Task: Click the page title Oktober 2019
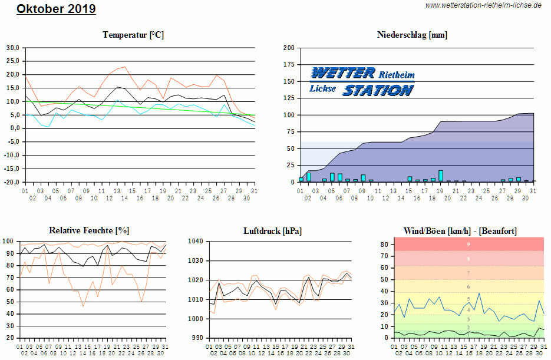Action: [x=56, y=9]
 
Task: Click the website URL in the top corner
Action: [x=483, y=5]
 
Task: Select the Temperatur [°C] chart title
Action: [x=133, y=35]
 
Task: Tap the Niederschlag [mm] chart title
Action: [x=412, y=35]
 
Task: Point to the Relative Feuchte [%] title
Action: [x=89, y=231]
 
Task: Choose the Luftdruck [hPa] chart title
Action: [x=272, y=231]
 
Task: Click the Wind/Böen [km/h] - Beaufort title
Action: [x=460, y=231]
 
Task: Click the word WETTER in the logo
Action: [x=343, y=73]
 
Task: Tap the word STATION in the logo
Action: [x=378, y=90]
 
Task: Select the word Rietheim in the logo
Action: [x=396, y=75]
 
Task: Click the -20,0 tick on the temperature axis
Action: [x=12, y=182]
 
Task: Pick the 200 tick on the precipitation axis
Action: [x=289, y=48]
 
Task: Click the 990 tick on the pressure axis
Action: [x=197, y=338]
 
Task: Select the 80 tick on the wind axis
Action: [x=384, y=245]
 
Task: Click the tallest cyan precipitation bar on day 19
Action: [x=441, y=176]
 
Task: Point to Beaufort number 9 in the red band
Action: [x=468, y=244]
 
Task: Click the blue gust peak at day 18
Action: [x=479, y=293]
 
